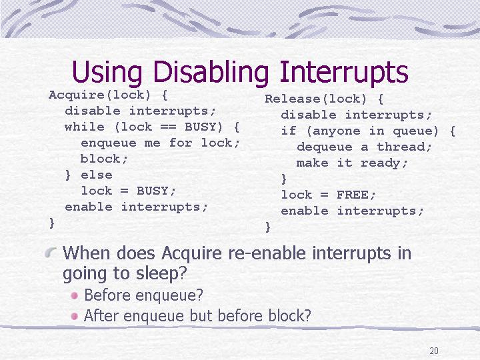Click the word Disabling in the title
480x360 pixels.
click(x=211, y=73)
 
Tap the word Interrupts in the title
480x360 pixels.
click(x=344, y=71)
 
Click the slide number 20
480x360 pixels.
click(x=434, y=351)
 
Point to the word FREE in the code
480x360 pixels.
click(x=352, y=195)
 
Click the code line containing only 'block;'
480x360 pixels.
click(x=104, y=159)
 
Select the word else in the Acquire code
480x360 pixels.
click(x=97, y=175)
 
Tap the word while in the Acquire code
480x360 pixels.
click(x=85, y=127)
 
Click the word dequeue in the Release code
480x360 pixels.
click(x=325, y=147)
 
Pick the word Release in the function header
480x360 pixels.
click(x=293, y=99)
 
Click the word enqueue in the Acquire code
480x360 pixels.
click(x=109, y=143)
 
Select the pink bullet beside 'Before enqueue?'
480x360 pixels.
click(x=75, y=295)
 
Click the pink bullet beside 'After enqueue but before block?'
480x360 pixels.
click(x=75, y=316)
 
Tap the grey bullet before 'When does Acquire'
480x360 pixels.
click(x=51, y=253)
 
